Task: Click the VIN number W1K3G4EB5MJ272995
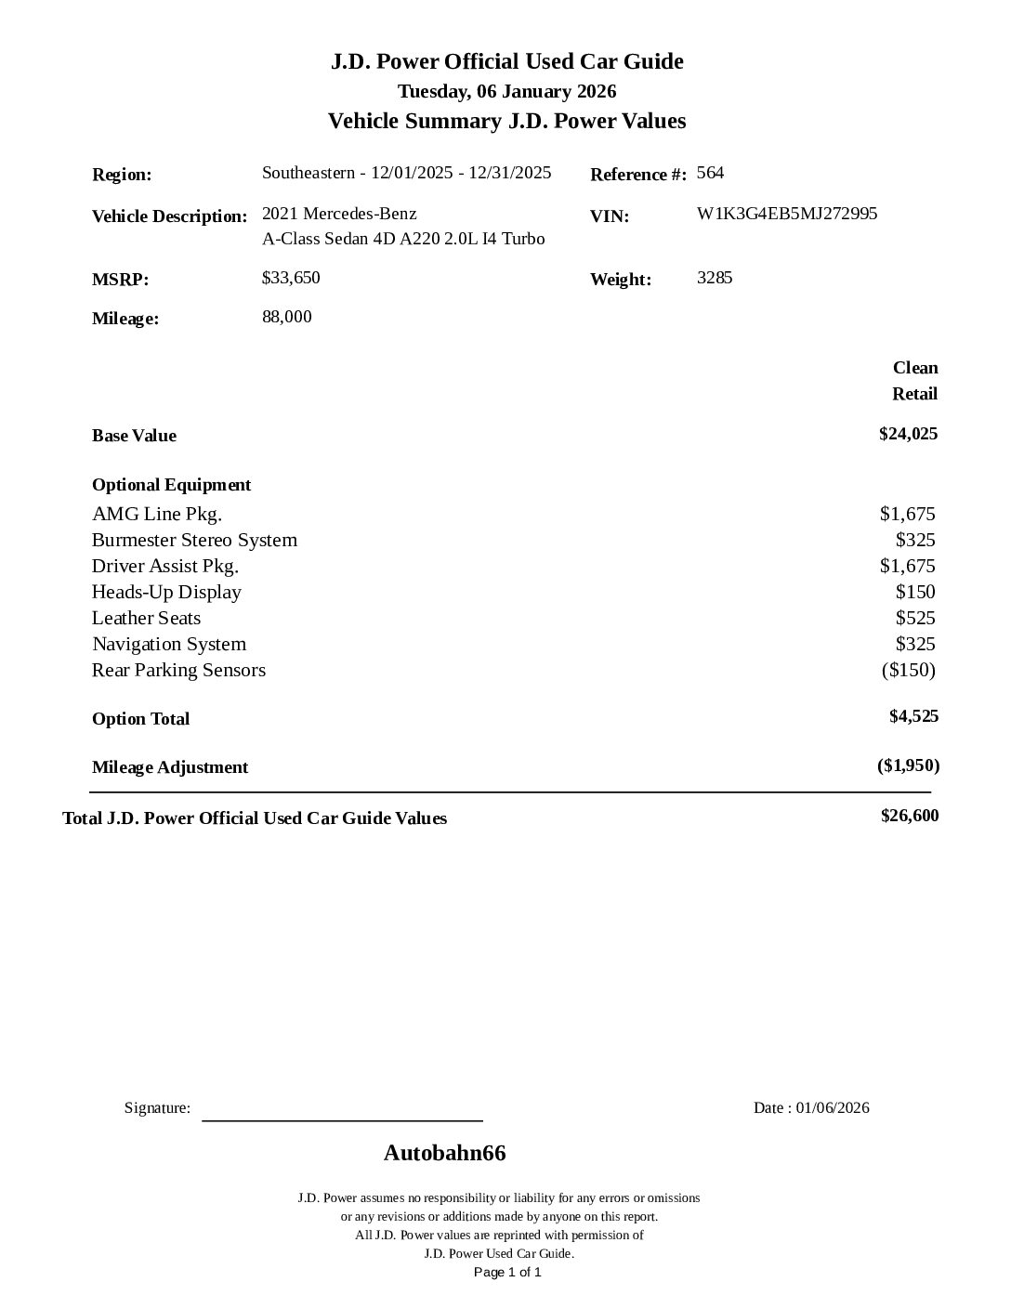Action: coord(786,214)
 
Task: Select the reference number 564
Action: coord(710,173)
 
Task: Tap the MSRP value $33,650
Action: coord(291,278)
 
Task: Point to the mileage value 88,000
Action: coord(287,317)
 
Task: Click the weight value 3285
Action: coord(715,278)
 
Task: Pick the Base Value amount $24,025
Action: coord(908,434)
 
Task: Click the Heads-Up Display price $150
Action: coord(915,592)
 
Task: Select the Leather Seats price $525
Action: coord(915,618)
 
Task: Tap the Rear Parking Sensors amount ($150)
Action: coord(908,670)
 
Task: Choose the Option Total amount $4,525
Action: coord(913,716)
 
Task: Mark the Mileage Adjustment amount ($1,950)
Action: coord(908,765)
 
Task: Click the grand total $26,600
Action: coord(910,816)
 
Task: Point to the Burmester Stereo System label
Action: coord(194,540)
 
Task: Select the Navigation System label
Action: coord(169,644)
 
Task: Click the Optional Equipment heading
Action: coord(171,485)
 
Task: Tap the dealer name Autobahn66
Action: coord(444,1153)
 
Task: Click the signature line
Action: coord(342,1119)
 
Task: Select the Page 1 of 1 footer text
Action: coord(507,1272)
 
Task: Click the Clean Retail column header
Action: coord(914,381)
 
